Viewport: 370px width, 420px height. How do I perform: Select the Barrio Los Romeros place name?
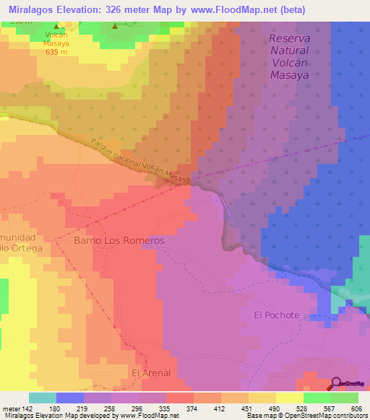tap(119, 240)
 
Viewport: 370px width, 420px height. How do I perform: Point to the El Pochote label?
tap(277, 315)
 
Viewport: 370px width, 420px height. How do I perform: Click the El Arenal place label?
tap(150, 372)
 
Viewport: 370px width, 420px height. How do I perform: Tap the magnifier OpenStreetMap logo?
tap(337, 384)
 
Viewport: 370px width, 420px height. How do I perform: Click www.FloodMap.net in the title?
tap(236, 9)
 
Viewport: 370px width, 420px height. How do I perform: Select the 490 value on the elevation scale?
tap(274, 408)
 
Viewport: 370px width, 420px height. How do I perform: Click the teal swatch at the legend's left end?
tap(43, 398)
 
